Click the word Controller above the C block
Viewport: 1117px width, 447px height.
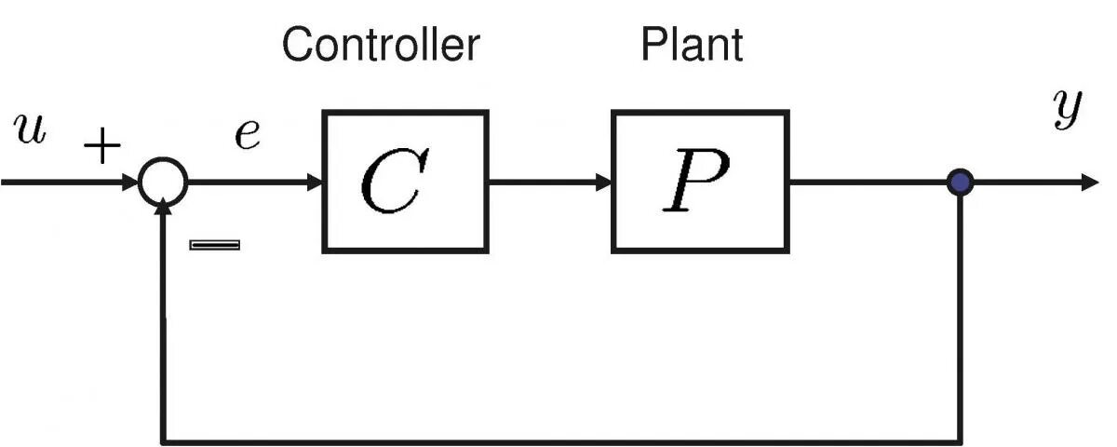(381, 44)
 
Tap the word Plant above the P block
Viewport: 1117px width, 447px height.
(692, 44)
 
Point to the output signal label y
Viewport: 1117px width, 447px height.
(1066, 112)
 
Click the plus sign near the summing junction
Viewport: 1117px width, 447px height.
(101, 146)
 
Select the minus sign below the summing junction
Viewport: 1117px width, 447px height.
(214, 245)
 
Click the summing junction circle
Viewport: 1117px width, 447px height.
(163, 182)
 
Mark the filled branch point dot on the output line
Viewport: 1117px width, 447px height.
(959, 182)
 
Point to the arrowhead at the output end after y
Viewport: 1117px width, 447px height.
(1089, 182)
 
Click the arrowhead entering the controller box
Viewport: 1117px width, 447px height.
(314, 182)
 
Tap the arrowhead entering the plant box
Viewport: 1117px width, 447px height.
(602, 182)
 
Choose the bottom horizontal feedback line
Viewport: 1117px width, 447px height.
(558, 439)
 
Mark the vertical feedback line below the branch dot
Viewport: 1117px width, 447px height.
(959, 317)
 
